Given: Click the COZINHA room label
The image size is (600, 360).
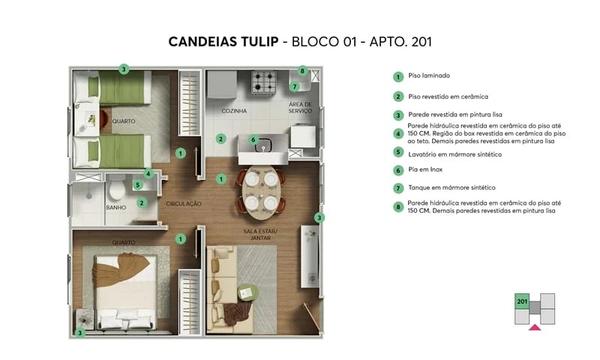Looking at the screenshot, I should pyautogui.click(x=234, y=111).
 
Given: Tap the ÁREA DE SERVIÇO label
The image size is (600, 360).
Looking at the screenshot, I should pyautogui.click(x=304, y=107).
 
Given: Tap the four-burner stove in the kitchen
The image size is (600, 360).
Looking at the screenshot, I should pyautogui.click(x=265, y=79).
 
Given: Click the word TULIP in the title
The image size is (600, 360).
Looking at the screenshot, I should pyautogui.click(x=253, y=41).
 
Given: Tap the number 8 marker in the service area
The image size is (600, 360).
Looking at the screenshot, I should pyautogui.click(x=302, y=71).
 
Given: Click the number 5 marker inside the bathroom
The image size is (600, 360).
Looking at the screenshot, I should pyautogui.click(x=138, y=184).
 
